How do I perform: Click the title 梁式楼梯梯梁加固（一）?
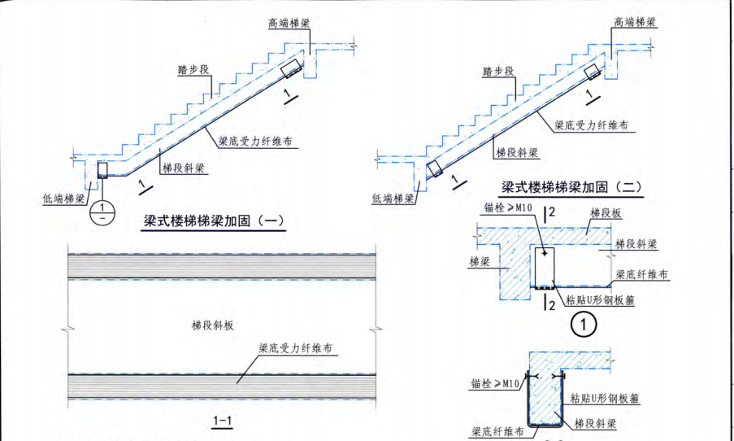[215, 220]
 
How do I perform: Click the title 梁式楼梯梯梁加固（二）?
[572, 188]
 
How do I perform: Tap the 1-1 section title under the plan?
[222, 421]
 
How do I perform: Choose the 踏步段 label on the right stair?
[498, 72]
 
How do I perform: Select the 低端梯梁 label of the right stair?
[393, 198]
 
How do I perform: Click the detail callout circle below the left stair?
[102, 211]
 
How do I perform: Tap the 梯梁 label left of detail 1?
[480, 262]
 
